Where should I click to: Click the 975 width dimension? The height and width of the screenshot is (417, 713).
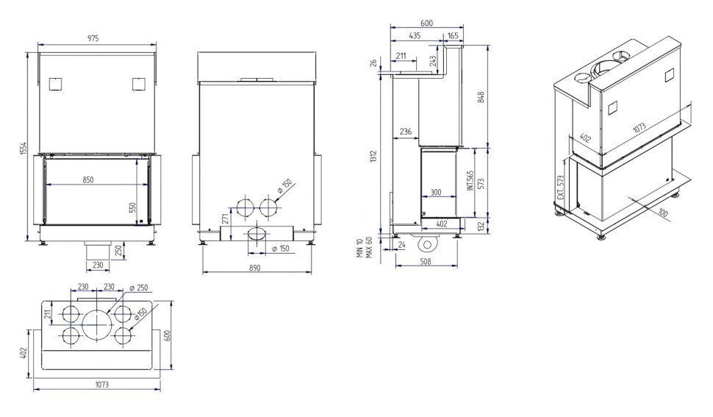pos(93,39)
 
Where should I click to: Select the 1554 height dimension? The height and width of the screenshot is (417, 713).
pos(24,149)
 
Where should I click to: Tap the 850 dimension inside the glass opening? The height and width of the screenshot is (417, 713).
pos(88,179)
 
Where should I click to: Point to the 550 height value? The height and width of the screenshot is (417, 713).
pos(133,208)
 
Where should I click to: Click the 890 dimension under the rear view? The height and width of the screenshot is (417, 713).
pos(255,268)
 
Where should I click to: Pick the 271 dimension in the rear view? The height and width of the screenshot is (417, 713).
pos(225,219)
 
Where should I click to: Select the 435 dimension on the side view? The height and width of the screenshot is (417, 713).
pos(415,35)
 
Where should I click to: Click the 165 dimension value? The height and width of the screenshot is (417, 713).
pos(453,36)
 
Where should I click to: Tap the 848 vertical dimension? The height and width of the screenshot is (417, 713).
pos(481,97)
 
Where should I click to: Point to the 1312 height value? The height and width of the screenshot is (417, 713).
pos(374,157)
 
